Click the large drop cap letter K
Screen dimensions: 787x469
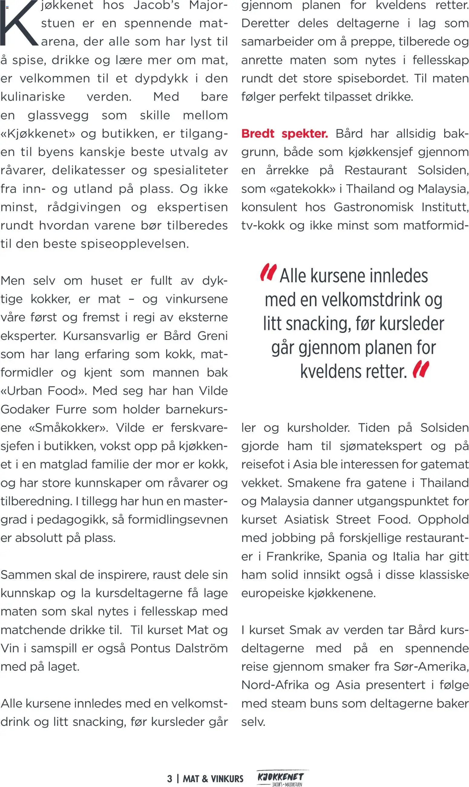pos(19,24)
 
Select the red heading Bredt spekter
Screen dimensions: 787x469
pos(284,134)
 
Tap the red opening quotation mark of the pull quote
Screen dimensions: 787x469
pos(268,272)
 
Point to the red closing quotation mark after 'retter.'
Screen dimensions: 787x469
pos(421,369)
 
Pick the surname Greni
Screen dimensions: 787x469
pos(212,336)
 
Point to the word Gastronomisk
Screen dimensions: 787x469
pos(374,207)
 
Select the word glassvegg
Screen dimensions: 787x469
pos(58,115)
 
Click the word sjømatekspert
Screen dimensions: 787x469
pos(381,446)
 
